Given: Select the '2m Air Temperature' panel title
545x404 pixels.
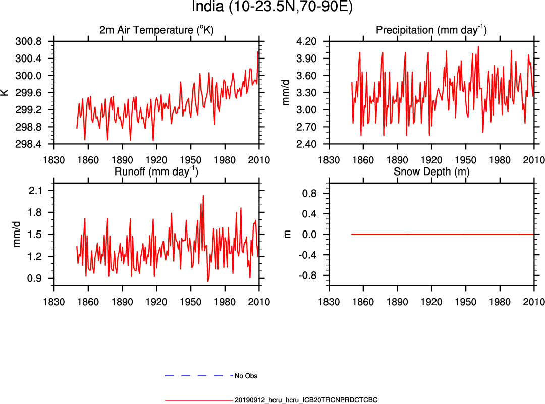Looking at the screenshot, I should click(x=156, y=30).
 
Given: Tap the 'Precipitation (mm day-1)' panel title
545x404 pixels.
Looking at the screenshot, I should click(x=431, y=30).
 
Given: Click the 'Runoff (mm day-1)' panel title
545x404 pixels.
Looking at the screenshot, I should click(x=156, y=171).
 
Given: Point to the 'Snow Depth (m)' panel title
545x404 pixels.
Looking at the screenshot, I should click(x=431, y=171).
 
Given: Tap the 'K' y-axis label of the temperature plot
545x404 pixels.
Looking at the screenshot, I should click(x=5, y=92).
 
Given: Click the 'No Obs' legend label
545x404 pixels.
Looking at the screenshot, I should click(x=246, y=376).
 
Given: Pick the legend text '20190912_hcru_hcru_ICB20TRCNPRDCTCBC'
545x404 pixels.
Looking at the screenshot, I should click(x=306, y=400).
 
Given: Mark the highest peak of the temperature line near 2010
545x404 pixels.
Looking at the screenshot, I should click(x=258, y=51).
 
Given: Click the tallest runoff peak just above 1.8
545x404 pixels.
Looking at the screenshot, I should click(x=203, y=195).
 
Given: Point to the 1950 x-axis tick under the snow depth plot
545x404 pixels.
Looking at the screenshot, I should click(x=465, y=302).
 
